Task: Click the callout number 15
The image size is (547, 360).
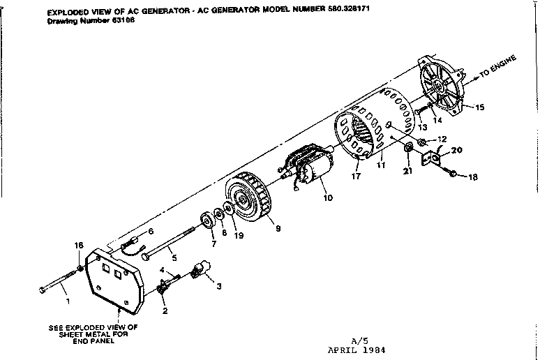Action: click(x=479, y=107)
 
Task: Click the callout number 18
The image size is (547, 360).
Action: click(x=473, y=177)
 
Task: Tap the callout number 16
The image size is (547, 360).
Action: click(x=79, y=245)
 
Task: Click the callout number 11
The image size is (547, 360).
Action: click(x=380, y=167)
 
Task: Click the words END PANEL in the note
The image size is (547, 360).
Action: click(x=93, y=342)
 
